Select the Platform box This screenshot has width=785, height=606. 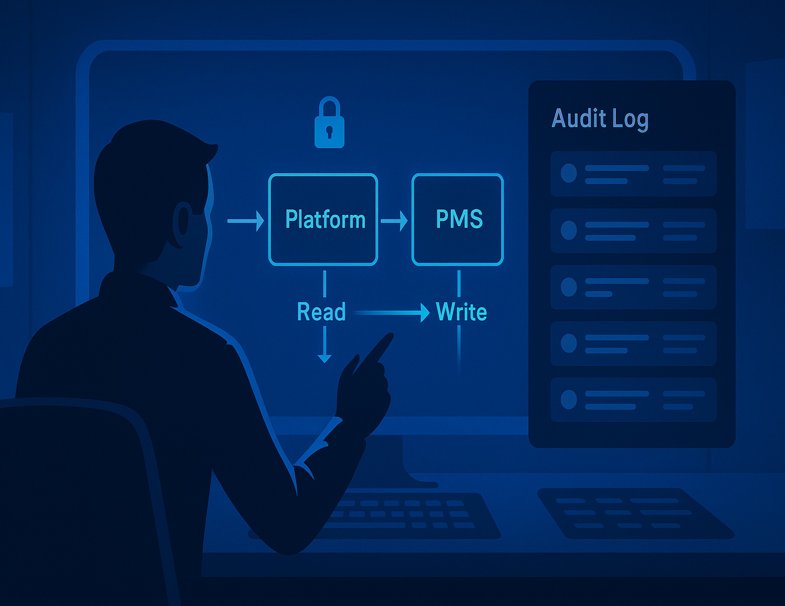point(323,219)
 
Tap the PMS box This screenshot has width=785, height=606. point(457,219)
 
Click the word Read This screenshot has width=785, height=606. point(321,312)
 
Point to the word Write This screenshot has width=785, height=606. point(461,312)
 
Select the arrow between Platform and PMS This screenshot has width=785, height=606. point(394,221)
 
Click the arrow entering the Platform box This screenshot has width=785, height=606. point(245,221)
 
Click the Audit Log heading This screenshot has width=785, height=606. point(600,119)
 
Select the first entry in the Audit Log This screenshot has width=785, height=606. point(633,174)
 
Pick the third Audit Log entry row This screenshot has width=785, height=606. point(633,287)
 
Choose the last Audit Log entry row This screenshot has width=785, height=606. point(633,400)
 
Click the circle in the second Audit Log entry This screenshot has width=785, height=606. point(569,230)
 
